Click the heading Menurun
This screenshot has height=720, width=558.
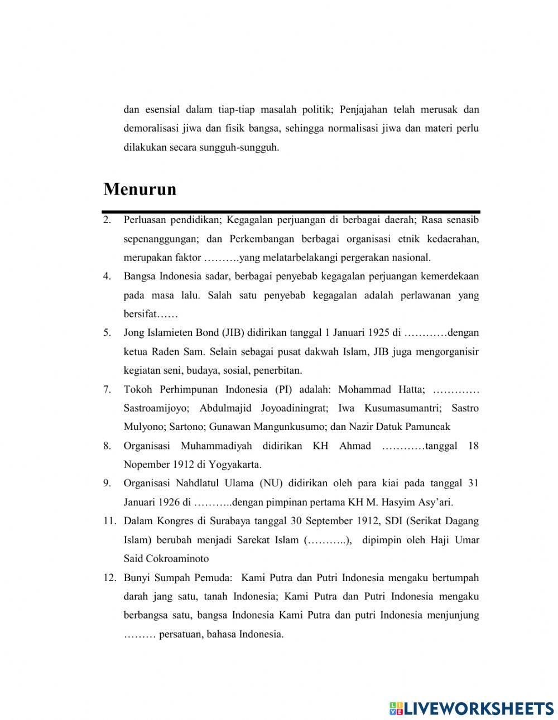point(139,189)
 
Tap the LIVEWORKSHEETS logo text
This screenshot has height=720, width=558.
point(472,708)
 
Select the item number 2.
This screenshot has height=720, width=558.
point(106,220)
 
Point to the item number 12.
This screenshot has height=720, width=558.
point(109,578)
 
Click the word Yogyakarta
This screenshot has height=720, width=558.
point(233,465)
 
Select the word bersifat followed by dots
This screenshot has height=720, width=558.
point(150,314)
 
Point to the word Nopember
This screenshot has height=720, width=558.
point(146,465)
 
